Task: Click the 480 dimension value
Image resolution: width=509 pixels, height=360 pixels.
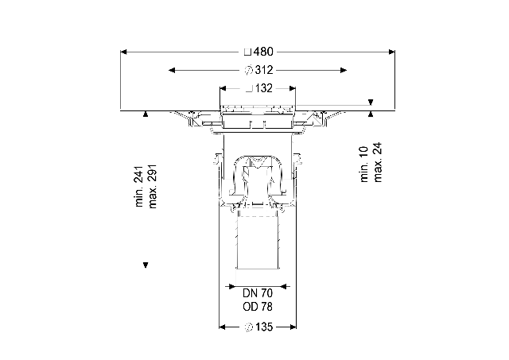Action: pos(263,52)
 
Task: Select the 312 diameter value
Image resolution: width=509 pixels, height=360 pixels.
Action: pos(264,70)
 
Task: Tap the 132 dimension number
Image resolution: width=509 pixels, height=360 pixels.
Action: pos(264,88)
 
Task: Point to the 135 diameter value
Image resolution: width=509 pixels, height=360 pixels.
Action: pos(264,327)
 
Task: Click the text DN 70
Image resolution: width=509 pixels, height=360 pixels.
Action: pos(258,293)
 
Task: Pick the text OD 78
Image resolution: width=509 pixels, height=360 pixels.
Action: pos(258,307)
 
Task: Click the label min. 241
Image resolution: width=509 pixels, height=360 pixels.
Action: pos(139,187)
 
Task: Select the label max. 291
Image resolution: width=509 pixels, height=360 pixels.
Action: pos(152,187)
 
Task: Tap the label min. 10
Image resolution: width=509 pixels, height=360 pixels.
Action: pos(364,165)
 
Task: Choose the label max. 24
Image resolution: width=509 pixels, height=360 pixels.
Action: pos(378,162)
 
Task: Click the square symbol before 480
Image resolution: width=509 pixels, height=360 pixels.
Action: pos(247,52)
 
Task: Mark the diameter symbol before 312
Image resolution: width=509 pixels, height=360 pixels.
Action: pos(248,70)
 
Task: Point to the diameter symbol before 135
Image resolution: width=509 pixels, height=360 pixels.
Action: pos(248,327)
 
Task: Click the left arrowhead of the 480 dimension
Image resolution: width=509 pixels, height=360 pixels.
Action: pos(123,52)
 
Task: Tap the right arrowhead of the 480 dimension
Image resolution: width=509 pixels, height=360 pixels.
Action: pos(392,52)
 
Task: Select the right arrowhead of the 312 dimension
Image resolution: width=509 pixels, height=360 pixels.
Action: pos(344,70)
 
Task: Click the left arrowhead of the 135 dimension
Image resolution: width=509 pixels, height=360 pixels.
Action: pos(223,327)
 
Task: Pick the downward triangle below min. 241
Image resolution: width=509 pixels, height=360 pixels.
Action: pos(146,265)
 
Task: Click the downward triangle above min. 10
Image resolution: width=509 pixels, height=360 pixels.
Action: pos(371,103)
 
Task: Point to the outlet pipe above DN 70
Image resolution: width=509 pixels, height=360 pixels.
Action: pos(258,243)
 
